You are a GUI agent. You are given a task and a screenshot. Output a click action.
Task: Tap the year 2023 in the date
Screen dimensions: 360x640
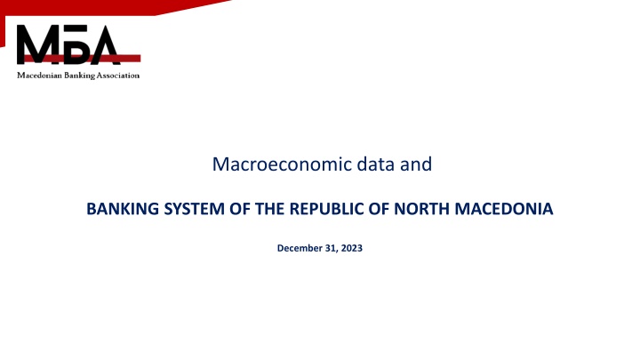tap(351, 248)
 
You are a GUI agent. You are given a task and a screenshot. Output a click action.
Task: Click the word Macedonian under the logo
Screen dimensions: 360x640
tap(40, 76)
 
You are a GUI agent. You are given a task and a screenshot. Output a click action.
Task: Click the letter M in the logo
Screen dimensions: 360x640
tap(37, 44)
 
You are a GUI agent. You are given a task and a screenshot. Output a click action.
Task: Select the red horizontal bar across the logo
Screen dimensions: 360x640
tap(80, 57)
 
